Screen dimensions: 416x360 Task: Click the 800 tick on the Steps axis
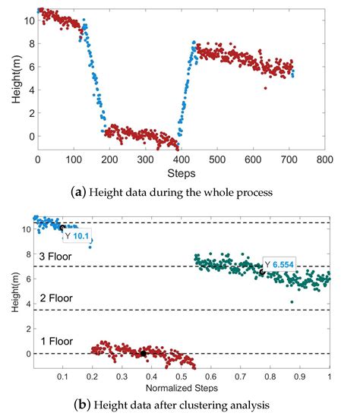324,159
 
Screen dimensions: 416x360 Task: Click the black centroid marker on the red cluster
143,354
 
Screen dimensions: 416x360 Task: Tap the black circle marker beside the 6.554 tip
262,272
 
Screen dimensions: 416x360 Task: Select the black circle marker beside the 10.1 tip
62,227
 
